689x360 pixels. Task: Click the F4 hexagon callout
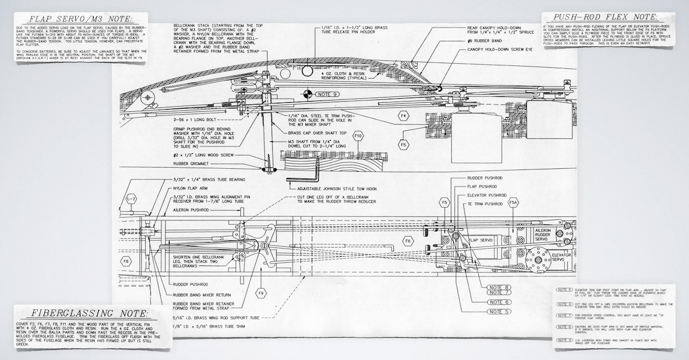404,117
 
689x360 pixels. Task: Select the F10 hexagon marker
359,136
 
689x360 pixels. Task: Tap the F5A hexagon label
513,202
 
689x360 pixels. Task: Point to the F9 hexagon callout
262,293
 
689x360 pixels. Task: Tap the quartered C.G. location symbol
308,94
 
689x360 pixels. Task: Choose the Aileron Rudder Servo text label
543,234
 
